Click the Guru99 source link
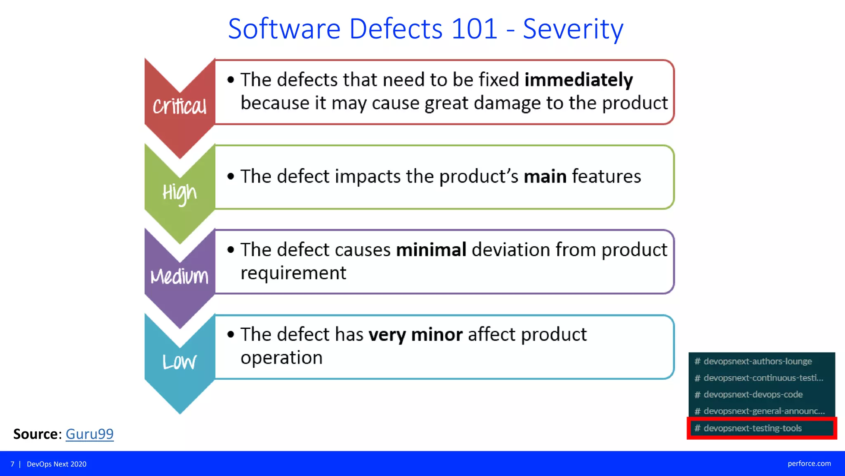90,434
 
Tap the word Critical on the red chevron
179,107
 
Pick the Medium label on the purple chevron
179,276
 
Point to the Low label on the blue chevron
179,362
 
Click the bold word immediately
578,80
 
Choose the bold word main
545,176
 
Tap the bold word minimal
431,250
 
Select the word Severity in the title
573,29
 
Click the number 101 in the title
474,29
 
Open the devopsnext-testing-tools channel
753,428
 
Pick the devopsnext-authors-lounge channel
758,361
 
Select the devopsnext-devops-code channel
753,394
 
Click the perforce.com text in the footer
809,464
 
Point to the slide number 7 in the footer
12,464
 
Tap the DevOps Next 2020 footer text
57,464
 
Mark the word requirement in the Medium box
293,273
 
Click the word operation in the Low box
281,358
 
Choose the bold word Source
35,434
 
